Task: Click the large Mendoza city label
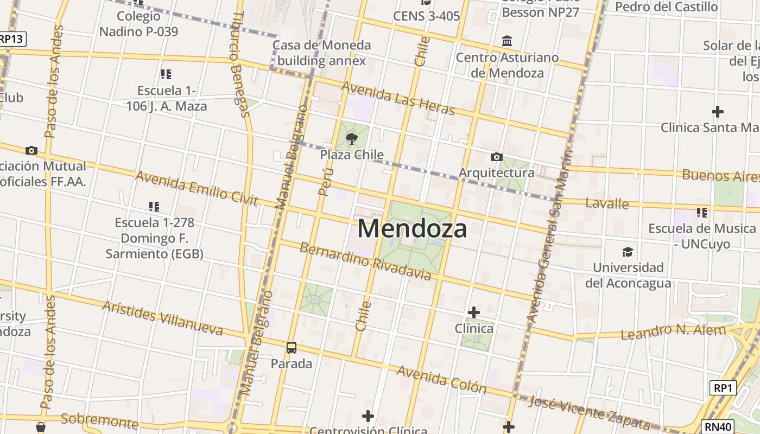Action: click(412, 228)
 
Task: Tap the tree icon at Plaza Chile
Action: click(352, 139)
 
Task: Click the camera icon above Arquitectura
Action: click(496, 157)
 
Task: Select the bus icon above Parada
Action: click(292, 347)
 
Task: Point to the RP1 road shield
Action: click(723, 388)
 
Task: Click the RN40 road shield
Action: click(718, 427)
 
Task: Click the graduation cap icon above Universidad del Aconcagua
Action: click(628, 252)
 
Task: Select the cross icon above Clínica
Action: click(474, 312)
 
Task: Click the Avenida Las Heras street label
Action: click(398, 98)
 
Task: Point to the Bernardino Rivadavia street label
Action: click(365, 262)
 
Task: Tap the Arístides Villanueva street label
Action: click(162, 318)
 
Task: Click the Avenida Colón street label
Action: click(441, 379)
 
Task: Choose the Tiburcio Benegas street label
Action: click(239, 65)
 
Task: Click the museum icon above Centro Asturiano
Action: click(508, 41)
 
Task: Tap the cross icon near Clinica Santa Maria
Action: click(718, 112)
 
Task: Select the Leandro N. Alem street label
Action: click(673, 332)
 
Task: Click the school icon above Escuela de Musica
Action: click(702, 212)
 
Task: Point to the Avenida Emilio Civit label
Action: click(197, 188)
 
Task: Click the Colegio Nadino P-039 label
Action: click(138, 24)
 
